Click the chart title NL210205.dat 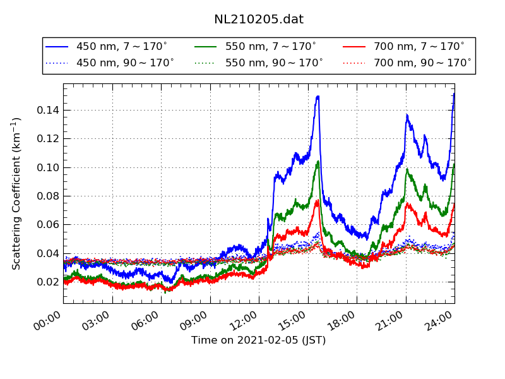tap(259, 20)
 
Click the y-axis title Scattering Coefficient tap(17, 193)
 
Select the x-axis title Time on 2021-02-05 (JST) tap(259, 340)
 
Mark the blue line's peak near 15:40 tap(318, 97)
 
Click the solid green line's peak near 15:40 tap(318, 161)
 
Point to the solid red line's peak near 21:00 tap(408, 203)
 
